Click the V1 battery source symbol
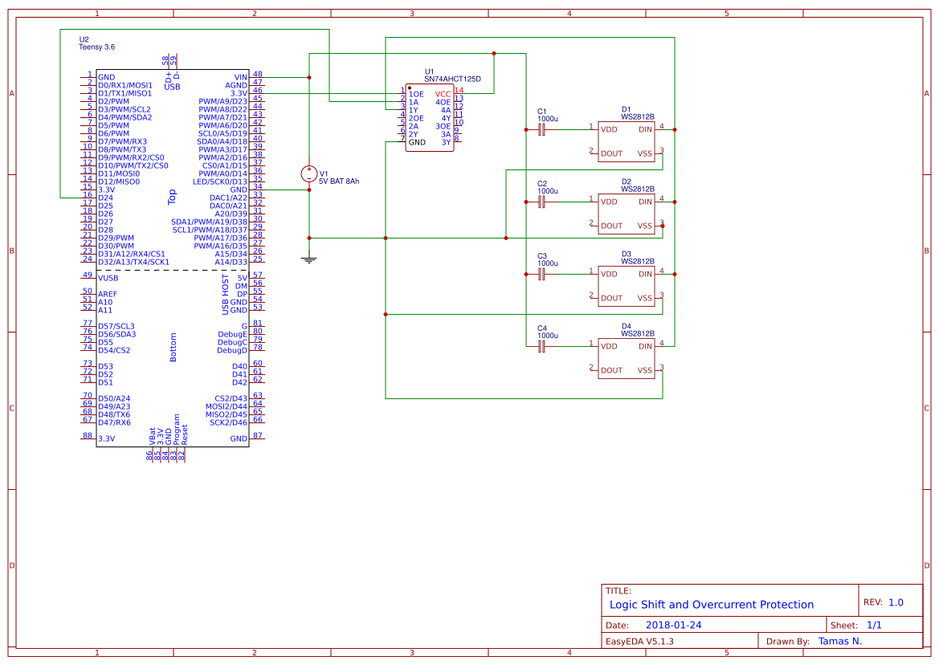(309, 173)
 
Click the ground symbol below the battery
(309, 259)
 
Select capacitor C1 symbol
(541, 129)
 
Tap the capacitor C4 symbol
(541, 346)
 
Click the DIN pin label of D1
(646, 129)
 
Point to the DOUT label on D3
(611, 298)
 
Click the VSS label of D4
(645, 370)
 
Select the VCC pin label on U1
(443, 94)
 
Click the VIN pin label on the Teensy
(240, 77)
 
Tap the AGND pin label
(236, 85)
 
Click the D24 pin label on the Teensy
(105, 198)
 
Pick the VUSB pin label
(108, 278)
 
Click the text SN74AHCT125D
(452, 80)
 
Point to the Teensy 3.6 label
(96, 47)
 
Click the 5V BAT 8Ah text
(339, 182)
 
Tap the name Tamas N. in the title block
(839, 641)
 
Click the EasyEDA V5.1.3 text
(639, 642)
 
